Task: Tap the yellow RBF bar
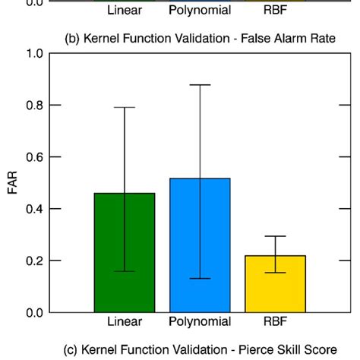275,283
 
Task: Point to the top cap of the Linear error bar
125,108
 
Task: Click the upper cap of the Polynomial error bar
200,85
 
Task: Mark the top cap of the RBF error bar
275,236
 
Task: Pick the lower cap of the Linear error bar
125,271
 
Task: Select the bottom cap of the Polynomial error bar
200,279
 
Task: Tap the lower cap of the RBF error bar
275,273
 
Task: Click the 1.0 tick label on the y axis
34,54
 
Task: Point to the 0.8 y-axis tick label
34,106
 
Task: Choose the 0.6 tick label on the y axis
34,157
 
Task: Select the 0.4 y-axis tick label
34,209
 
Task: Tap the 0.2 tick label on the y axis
34,261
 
